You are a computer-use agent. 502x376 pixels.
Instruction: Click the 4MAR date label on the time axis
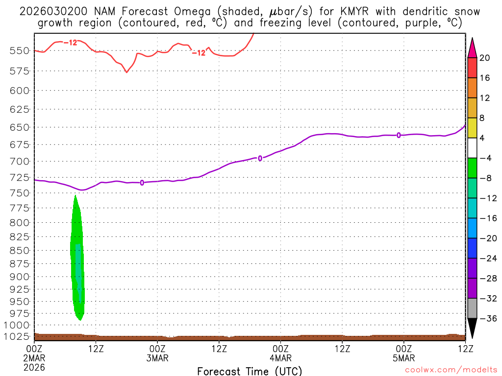point(280,358)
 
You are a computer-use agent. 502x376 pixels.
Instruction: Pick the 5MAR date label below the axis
point(403,358)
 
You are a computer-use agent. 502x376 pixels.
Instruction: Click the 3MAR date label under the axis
point(157,358)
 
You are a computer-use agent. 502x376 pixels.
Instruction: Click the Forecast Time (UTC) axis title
point(250,371)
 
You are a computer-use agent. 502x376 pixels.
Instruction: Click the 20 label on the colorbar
point(485,58)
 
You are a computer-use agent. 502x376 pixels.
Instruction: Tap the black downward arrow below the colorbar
point(472,328)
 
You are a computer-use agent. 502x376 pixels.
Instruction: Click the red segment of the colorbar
point(472,68)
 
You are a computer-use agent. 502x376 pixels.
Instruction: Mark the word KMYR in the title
point(354,11)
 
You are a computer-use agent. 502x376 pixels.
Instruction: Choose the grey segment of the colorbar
point(472,308)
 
